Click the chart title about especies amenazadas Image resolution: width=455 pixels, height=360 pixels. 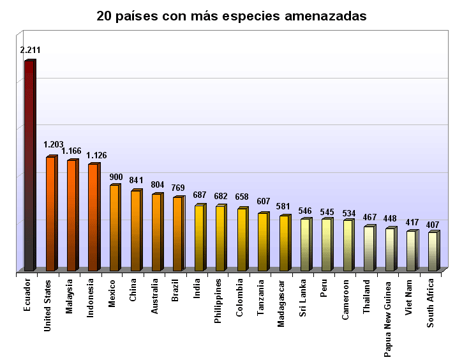click(x=231, y=16)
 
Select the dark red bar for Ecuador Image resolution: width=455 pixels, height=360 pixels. click(x=29, y=166)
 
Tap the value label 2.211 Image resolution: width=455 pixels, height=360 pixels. click(x=30, y=50)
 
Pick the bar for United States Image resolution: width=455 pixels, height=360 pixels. click(x=50, y=214)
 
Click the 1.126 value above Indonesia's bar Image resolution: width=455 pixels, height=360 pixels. click(x=96, y=155)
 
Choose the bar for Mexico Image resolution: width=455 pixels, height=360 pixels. click(x=114, y=228)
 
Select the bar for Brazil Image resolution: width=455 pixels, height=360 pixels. click(x=177, y=234)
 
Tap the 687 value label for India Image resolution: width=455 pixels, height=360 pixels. click(x=200, y=195)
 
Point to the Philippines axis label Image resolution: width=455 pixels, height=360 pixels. click(x=218, y=303)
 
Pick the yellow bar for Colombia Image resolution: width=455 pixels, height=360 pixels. click(x=241, y=240)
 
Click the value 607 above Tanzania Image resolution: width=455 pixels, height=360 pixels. click(x=263, y=202)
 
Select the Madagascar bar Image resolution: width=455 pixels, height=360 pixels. click(x=283, y=244)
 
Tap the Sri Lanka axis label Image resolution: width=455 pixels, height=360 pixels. click(x=303, y=298)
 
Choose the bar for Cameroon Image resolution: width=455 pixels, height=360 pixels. click(x=347, y=246)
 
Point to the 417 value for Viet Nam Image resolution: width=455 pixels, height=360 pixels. click(x=412, y=223)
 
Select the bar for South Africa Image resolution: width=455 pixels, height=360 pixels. click(x=432, y=251)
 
